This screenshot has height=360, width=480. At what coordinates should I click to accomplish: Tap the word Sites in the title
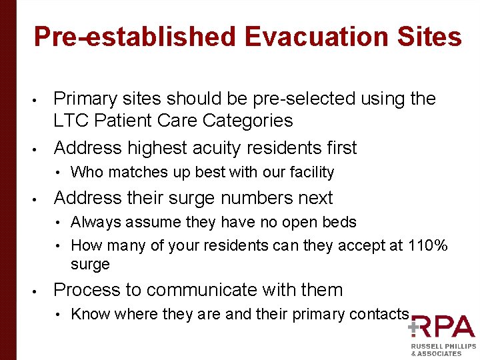click(430, 37)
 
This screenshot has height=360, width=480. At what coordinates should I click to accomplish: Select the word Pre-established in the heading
click(134, 37)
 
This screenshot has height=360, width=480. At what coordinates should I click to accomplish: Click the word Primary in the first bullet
click(81, 99)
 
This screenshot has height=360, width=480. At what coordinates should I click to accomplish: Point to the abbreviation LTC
click(70, 121)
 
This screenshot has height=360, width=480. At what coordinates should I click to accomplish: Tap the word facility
click(311, 173)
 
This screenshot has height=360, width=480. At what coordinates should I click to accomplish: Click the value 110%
click(427, 246)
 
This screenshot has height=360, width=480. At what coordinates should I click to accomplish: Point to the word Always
click(94, 222)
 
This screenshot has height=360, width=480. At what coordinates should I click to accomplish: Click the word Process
click(84, 290)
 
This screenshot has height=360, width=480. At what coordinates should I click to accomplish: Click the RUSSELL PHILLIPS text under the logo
click(443, 347)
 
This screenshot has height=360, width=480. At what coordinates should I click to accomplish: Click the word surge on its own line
click(90, 264)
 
